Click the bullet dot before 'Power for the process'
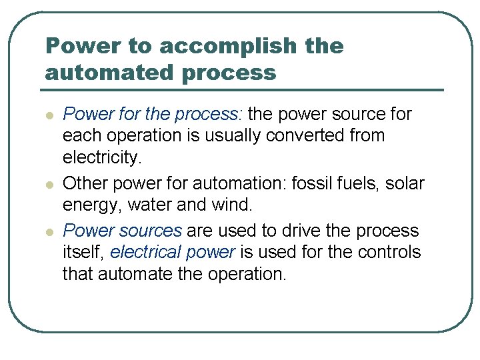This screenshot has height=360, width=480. tap(49, 115)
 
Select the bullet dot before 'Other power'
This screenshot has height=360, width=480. tap(49, 183)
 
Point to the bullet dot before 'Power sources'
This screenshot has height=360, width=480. tap(49, 232)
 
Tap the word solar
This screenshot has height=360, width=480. tap(405, 183)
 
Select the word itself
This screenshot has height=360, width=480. tap(82, 252)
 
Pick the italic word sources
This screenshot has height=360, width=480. tap(150, 231)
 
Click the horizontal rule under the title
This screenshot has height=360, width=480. tap(244, 89)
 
